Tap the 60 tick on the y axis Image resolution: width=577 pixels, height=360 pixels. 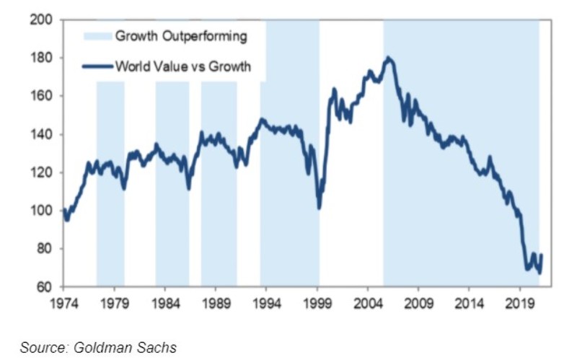(43, 286)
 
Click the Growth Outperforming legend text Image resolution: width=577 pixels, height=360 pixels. (181, 36)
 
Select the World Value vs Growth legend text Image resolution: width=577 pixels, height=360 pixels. (183, 67)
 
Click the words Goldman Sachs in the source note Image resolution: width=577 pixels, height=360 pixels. (127, 348)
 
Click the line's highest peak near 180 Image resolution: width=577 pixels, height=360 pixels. (389, 58)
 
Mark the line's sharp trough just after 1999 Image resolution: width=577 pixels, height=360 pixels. (319, 208)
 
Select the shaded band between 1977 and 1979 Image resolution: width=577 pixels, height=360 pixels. (110, 180)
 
